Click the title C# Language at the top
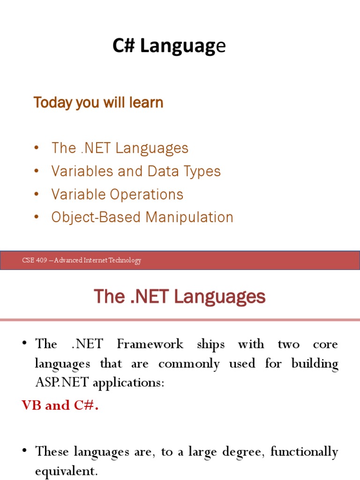point(169,46)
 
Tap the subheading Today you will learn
point(98,103)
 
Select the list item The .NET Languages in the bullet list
point(120,148)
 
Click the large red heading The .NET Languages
point(180,297)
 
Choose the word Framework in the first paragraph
point(150,344)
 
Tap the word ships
point(210,344)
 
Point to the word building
point(315,363)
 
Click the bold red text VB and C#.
point(60,405)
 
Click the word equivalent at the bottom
point(66,471)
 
